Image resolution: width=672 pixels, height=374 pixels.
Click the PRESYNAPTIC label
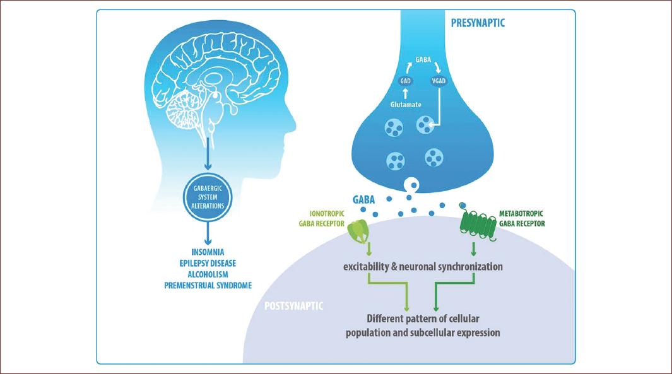click(x=478, y=23)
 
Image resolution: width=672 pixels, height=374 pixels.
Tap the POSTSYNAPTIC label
click(x=293, y=306)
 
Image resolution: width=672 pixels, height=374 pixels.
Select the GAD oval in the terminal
click(x=405, y=81)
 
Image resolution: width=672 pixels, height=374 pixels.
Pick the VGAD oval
click(x=439, y=81)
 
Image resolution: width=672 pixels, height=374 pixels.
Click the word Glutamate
click(x=406, y=105)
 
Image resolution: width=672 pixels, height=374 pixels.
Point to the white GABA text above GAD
click(x=423, y=60)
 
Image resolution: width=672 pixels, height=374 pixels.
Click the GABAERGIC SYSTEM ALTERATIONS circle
click(x=208, y=197)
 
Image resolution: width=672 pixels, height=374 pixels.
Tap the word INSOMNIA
click(x=208, y=252)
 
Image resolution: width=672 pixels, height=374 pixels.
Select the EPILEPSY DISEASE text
click(x=208, y=263)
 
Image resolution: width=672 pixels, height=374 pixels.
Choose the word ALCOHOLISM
click(x=208, y=274)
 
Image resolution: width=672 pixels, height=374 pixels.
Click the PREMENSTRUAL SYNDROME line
click(x=208, y=285)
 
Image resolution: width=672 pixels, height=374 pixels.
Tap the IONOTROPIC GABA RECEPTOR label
click(x=321, y=218)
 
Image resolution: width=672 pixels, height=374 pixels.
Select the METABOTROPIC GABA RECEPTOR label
click(x=522, y=218)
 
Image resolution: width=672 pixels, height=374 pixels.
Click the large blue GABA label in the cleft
click(x=363, y=200)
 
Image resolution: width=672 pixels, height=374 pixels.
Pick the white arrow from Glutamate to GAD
click(x=405, y=93)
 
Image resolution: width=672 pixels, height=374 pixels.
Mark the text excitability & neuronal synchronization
click(x=423, y=267)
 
